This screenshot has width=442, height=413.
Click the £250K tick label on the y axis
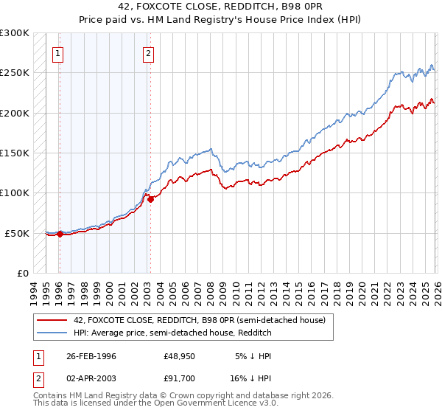(14, 73)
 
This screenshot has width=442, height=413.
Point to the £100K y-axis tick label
(14, 193)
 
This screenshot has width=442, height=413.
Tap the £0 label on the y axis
(21, 274)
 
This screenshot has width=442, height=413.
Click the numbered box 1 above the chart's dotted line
(58, 52)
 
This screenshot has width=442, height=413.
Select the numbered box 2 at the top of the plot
(149, 52)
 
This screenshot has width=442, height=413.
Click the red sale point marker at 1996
(60, 235)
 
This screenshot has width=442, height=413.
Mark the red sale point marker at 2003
(150, 199)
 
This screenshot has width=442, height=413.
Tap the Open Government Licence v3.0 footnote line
(155, 405)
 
